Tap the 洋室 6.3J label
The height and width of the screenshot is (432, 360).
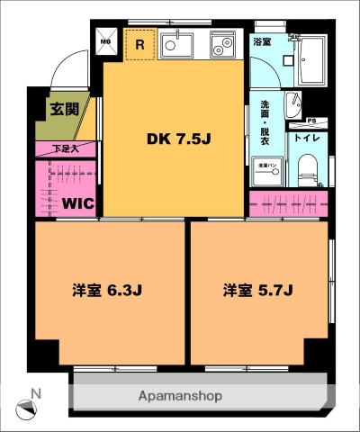(108, 291)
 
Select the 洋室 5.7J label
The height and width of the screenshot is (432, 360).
(260, 291)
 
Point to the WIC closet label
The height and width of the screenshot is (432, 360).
(79, 202)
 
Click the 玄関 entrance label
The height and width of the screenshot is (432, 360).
(64, 111)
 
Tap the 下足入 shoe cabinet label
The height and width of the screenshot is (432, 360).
(64, 148)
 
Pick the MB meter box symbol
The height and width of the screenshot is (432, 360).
(104, 40)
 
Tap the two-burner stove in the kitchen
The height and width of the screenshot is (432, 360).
(221, 44)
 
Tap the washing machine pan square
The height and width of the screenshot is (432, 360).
(268, 167)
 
